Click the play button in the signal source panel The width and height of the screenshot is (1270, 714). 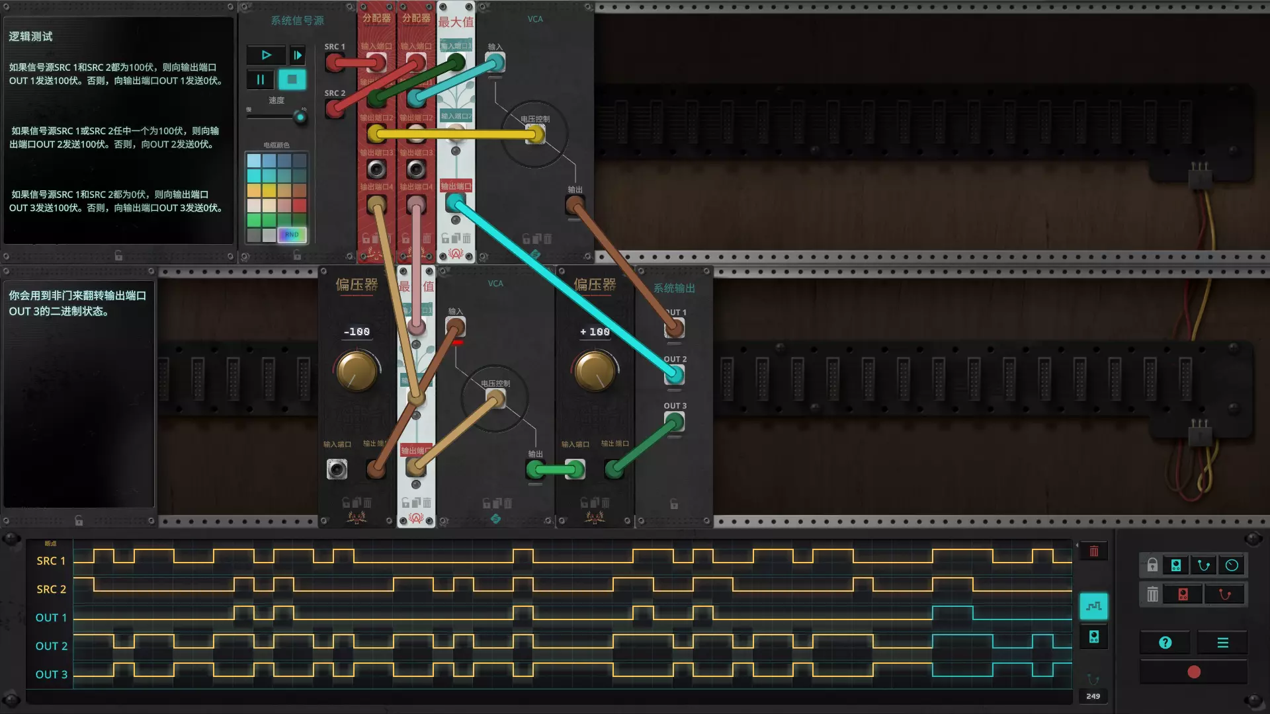266,55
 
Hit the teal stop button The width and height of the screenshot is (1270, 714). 292,79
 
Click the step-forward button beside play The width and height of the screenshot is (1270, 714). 298,55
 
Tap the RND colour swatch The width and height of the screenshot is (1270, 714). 292,235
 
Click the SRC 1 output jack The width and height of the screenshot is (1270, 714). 335,63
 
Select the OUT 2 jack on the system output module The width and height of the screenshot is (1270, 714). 674,375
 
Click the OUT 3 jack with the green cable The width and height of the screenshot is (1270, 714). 674,422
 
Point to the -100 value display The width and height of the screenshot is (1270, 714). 357,332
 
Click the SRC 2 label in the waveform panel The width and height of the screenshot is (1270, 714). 51,589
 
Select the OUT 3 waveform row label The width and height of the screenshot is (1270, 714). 51,674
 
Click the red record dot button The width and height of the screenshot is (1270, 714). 1194,672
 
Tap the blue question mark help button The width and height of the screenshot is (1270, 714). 1165,643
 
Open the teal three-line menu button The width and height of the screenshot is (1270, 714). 1222,643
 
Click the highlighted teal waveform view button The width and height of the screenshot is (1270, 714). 1094,606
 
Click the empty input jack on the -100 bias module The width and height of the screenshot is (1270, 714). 337,469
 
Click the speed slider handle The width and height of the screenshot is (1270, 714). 300,118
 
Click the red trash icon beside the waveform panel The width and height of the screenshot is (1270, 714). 1094,551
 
